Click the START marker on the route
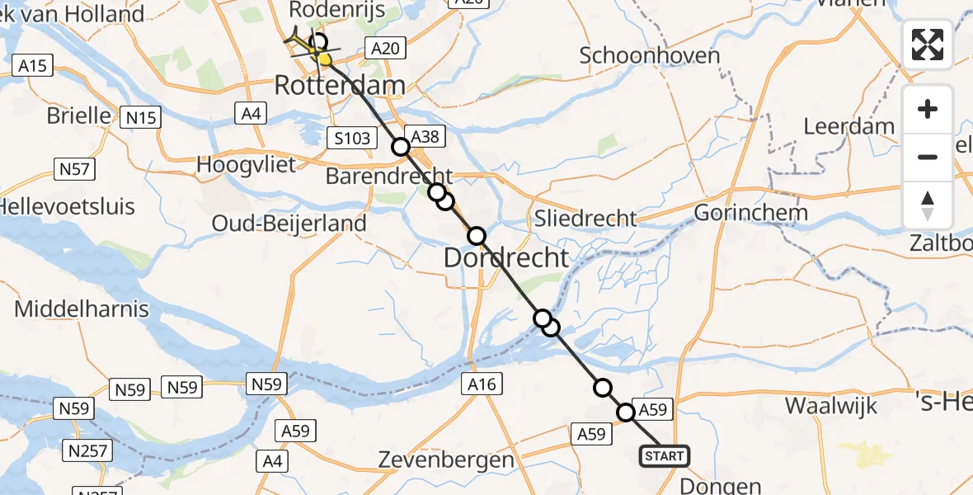tap(664, 455)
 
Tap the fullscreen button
tap(928, 45)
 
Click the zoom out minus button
tap(928, 157)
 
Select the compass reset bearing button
tap(928, 205)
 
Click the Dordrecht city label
tap(506, 257)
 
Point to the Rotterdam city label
tap(340, 85)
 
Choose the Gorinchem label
tap(750, 213)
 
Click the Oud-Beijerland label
tap(289, 223)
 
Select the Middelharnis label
tap(82, 309)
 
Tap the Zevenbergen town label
tap(445, 460)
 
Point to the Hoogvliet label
tap(246, 164)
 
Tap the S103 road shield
tap(353, 139)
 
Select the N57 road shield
tap(74, 170)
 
